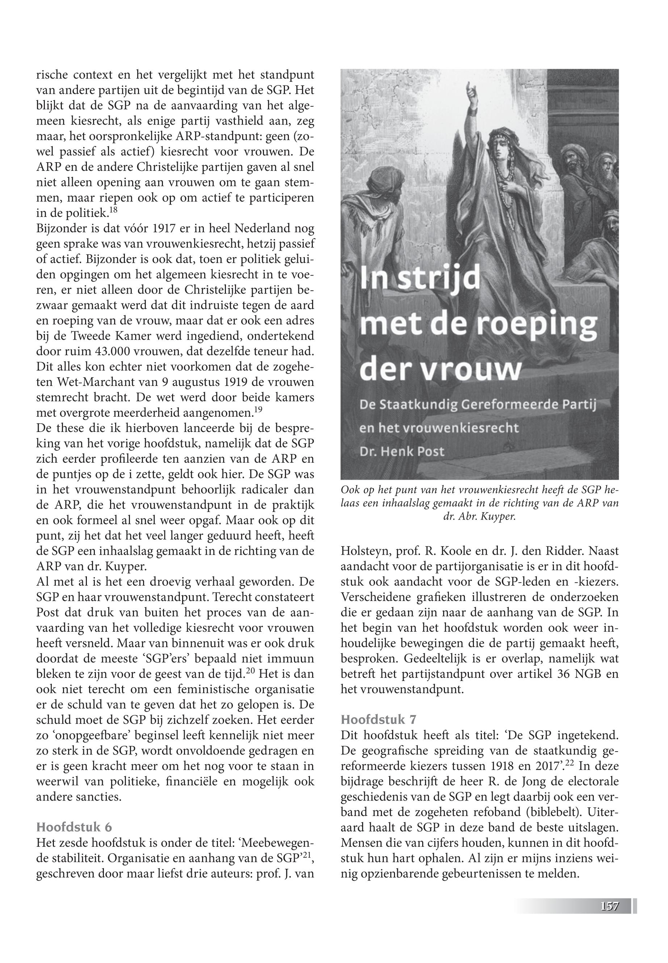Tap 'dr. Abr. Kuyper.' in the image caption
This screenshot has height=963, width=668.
[479, 517]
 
